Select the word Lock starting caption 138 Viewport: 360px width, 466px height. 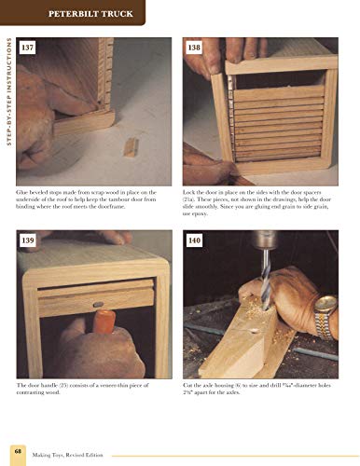[191, 191]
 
